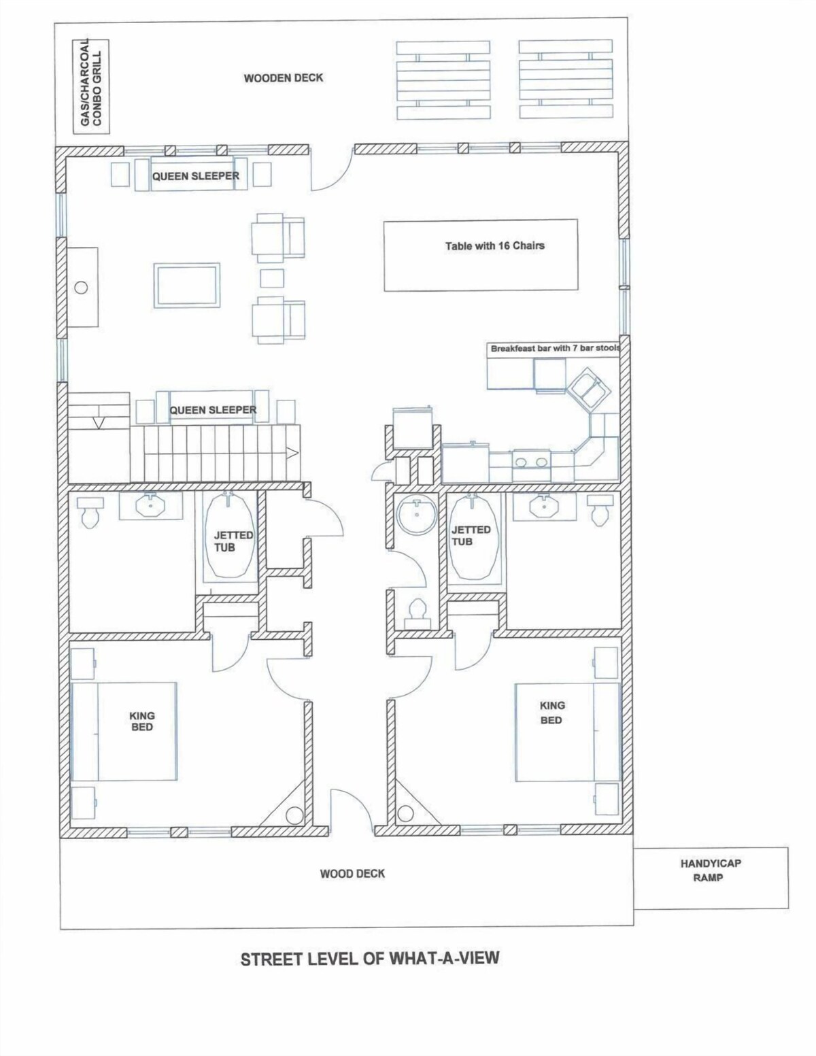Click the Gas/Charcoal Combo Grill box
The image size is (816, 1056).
coord(91,86)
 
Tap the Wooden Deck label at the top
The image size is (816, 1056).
coord(284,78)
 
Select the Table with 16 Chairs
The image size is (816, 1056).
coord(481,255)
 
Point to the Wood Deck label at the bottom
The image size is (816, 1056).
coord(352,874)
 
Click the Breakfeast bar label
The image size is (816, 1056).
coord(555,348)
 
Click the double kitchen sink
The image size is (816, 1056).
coord(530,461)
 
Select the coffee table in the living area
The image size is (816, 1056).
coord(186,286)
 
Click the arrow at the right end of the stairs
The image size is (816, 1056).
coord(293,454)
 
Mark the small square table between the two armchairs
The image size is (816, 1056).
coord(272,279)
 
